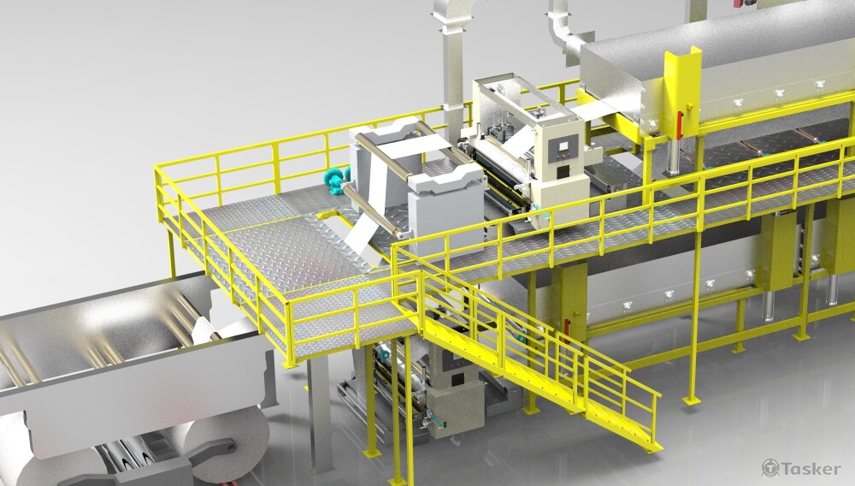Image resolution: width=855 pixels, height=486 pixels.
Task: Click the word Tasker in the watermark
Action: pos(811,468)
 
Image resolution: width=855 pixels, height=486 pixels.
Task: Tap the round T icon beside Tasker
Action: pos(770,467)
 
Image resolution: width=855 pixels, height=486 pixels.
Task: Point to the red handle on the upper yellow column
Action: pos(680,126)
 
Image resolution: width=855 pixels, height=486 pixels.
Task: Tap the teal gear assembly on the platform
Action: pos(334,175)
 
